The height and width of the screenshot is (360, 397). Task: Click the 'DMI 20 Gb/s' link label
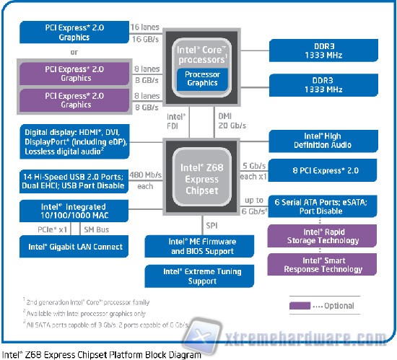[x=232, y=119]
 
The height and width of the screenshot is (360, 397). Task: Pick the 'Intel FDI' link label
[x=176, y=119]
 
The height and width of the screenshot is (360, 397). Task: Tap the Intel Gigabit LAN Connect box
[x=76, y=247]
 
